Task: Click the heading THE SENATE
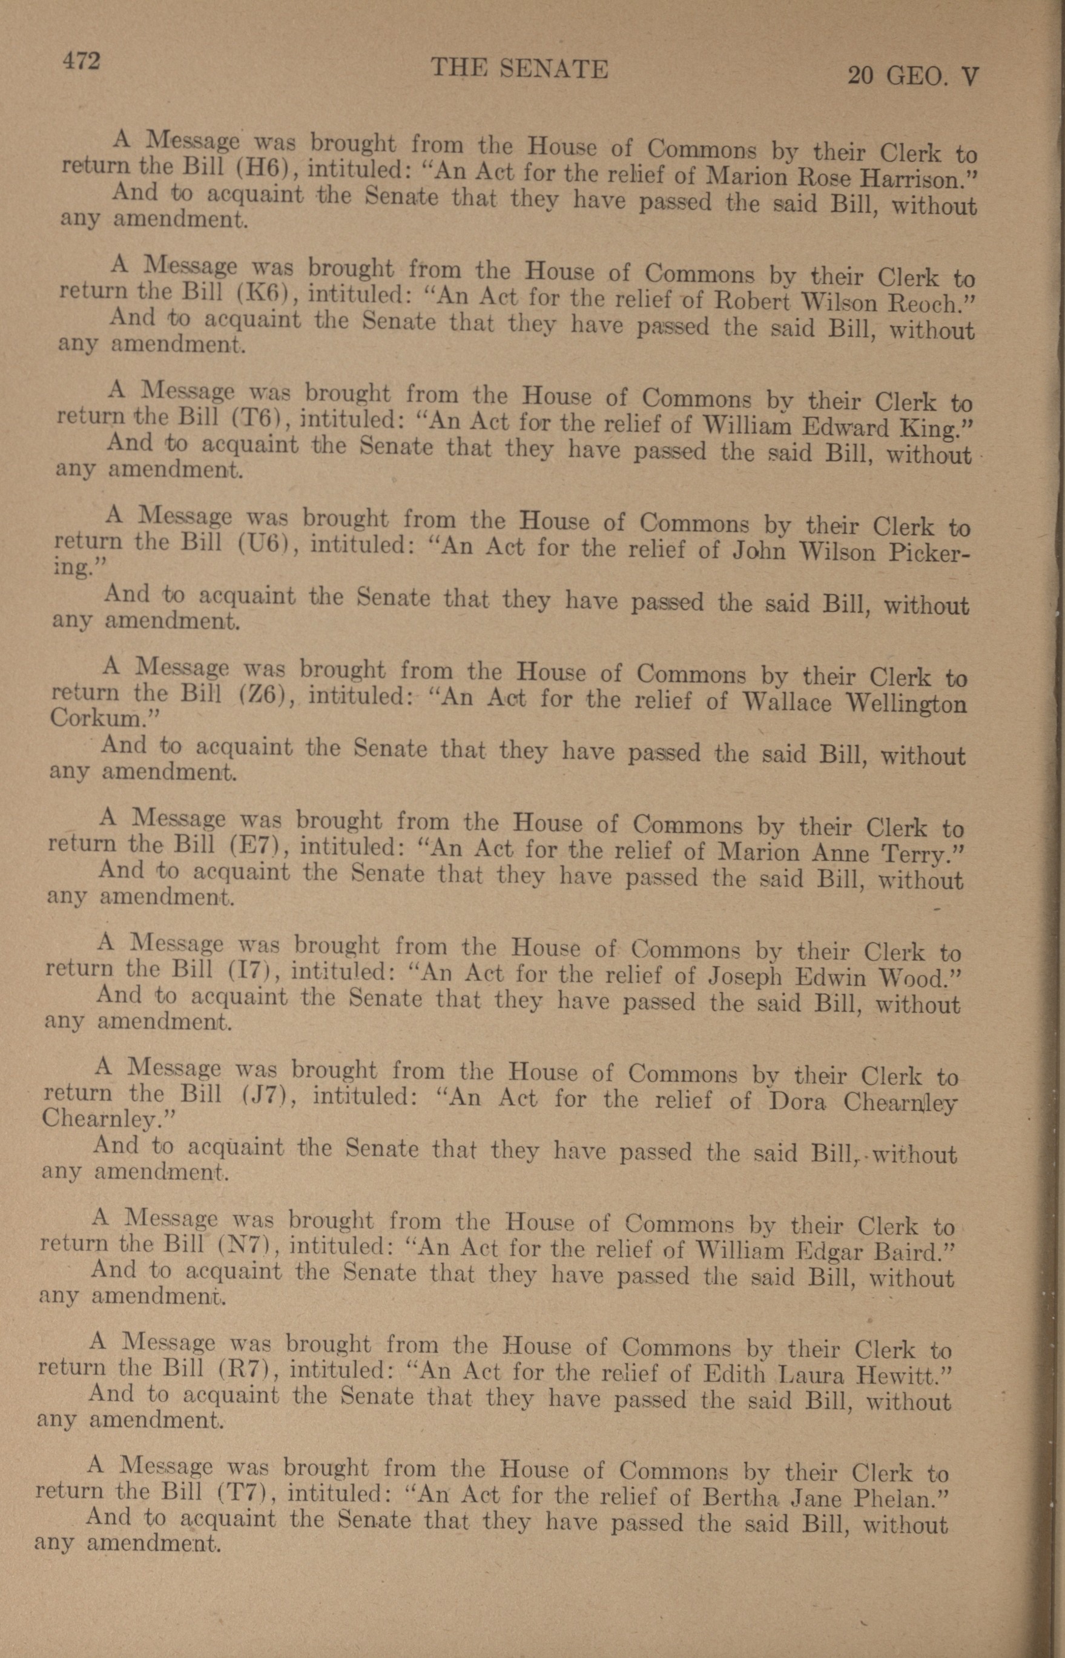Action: [519, 68]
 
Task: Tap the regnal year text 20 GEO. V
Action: [912, 74]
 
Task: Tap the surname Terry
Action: [917, 855]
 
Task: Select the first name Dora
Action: [797, 1100]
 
